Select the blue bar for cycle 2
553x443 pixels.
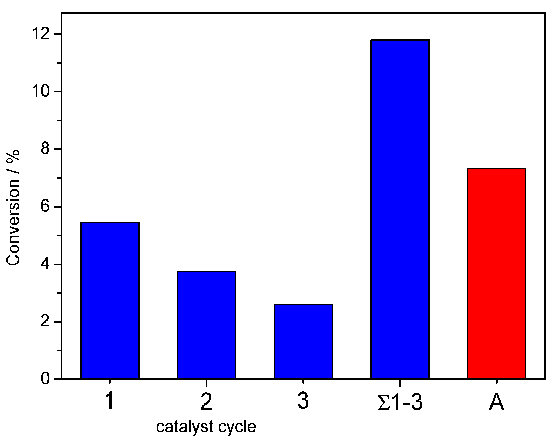[x=207, y=325]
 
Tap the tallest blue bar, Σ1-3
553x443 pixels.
[x=400, y=209]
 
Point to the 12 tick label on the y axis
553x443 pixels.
[x=41, y=34]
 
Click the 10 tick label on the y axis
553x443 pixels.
[x=41, y=92]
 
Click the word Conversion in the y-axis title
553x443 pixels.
[x=13, y=222]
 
